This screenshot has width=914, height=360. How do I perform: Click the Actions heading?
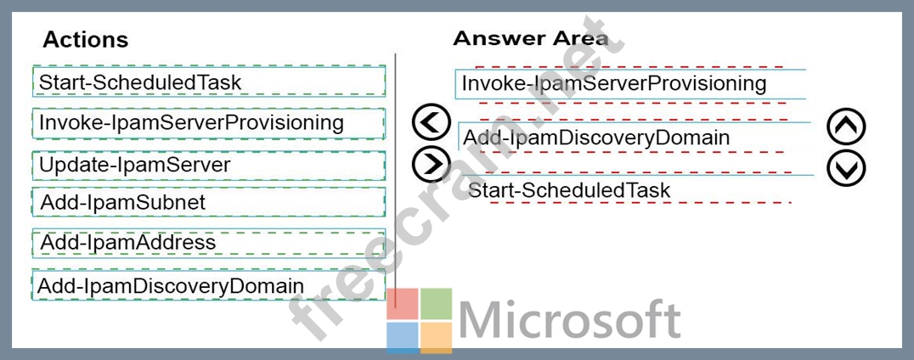85,40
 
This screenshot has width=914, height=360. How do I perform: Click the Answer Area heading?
530,38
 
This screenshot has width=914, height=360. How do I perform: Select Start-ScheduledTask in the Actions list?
209,81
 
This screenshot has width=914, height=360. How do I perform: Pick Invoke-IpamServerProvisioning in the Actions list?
209,123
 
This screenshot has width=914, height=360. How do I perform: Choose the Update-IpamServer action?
209,166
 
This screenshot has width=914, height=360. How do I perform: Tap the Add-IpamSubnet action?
209,202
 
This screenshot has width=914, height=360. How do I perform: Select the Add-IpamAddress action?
209,242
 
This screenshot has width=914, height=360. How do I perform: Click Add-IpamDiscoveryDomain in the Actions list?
209,285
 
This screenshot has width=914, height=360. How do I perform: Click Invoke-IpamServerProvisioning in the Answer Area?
631,84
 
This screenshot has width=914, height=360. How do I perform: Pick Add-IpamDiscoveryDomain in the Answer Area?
635,138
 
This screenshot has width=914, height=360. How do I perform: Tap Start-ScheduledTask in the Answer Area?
638,189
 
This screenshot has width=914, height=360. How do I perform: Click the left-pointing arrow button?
432,122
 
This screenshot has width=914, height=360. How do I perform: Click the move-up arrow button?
846,127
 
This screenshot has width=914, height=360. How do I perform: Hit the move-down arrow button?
846,168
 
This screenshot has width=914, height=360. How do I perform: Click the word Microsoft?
569,320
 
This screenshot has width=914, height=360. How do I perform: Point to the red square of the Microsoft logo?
402,303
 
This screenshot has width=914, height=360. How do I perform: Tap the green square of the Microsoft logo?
436,303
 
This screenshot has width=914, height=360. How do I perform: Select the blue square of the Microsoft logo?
402,337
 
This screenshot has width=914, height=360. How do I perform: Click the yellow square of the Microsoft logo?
436,337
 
